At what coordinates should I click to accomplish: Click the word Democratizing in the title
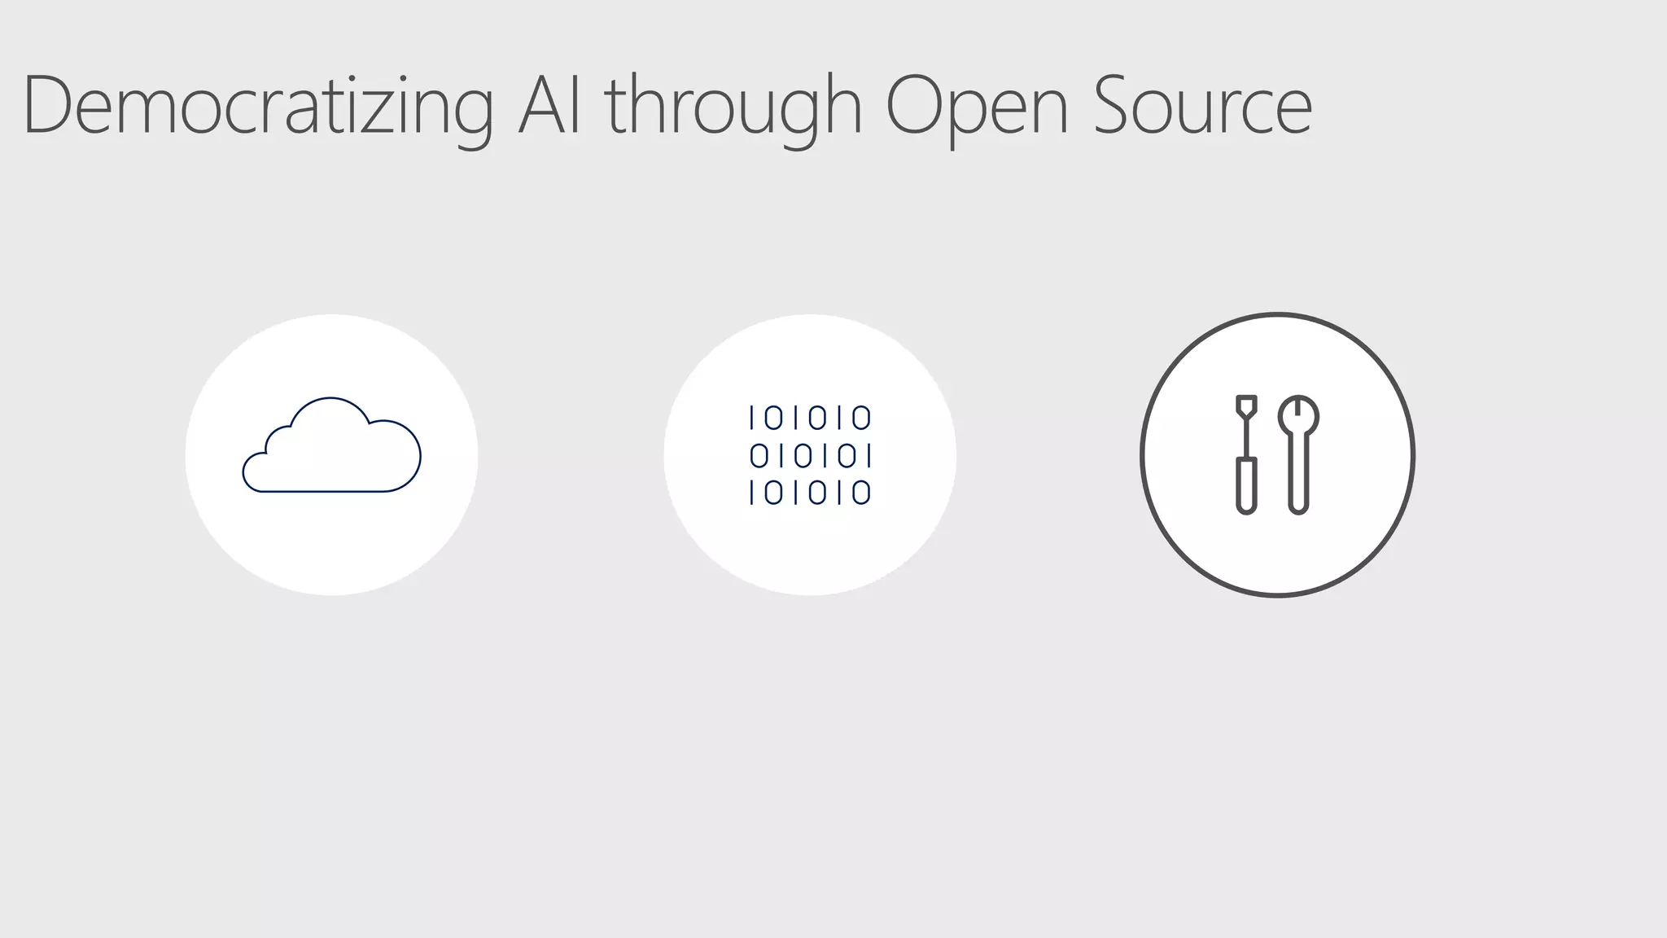pyautogui.click(x=258, y=106)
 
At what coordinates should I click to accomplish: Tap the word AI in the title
pyautogui.click(x=550, y=106)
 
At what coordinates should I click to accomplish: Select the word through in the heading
pyautogui.click(x=733, y=106)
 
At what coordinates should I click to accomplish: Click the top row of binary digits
pyautogui.click(x=810, y=419)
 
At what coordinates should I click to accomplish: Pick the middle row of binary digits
pyautogui.click(x=810, y=456)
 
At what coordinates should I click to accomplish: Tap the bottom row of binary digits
pyautogui.click(x=810, y=493)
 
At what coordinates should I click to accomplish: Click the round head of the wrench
pyautogui.click(x=1298, y=415)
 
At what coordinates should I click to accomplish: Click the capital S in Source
pyautogui.click(x=1116, y=106)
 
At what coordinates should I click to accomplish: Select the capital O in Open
pyautogui.click(x=915, y=106)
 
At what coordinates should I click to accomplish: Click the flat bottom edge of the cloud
pyautogui.click(x=326, y=491)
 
